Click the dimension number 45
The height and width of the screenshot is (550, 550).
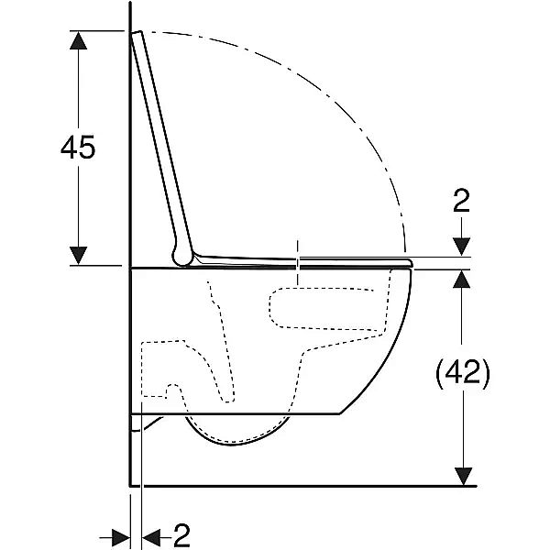(x=78, y=148)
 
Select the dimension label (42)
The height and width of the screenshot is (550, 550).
(x=463, y=373)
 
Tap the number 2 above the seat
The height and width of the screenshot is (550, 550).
(x=461, y=201)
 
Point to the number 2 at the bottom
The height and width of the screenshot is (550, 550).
(x=181, y=535)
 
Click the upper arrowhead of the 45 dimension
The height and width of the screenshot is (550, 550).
(x=78, y=40)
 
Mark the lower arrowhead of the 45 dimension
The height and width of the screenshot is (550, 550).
(x=78, y=256)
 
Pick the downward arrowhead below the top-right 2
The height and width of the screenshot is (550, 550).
(x=462, y=247)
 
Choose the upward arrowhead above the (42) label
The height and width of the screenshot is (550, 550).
(x=462, y=280)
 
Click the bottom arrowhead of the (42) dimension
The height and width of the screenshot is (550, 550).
(x=463, y=477)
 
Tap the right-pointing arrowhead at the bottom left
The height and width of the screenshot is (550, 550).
(x=121, y=537)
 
